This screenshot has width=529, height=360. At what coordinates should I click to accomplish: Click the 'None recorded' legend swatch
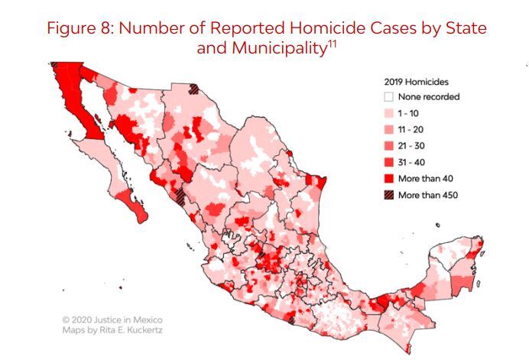pos(388,97)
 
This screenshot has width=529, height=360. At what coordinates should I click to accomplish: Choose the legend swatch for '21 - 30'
pos(388,146)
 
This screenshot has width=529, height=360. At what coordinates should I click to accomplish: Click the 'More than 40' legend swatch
pos(388,178)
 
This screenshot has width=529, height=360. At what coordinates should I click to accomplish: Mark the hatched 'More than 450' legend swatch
pos(388,194)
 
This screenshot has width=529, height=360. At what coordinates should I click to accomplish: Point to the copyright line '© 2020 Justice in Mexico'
pos(112,319)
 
